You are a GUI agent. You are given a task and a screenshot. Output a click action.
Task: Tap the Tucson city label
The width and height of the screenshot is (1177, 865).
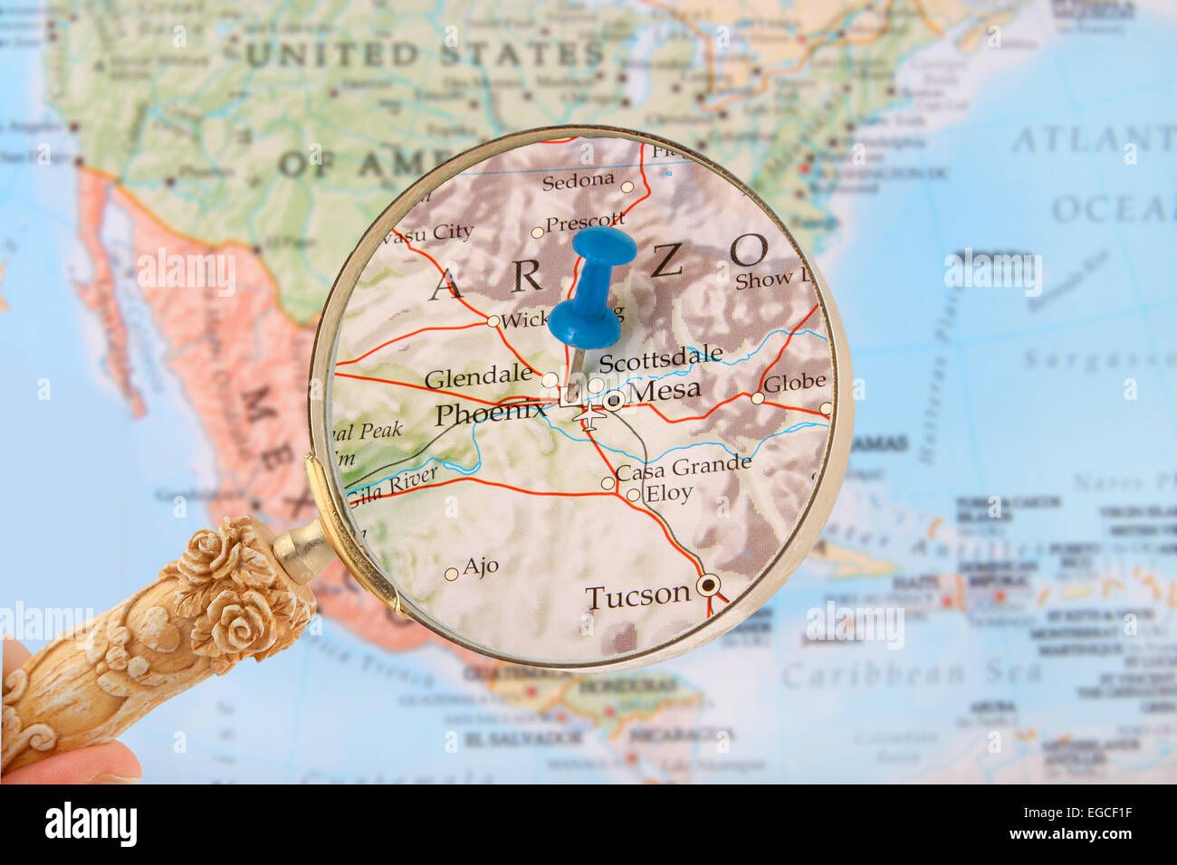pos(637,596)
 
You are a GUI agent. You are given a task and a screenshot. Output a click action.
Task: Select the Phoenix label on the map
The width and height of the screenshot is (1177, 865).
pos(490,413)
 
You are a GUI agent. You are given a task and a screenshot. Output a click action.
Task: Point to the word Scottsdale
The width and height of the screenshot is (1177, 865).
pos(661,358)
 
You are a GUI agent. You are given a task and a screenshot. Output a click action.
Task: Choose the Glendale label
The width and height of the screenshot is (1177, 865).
pos(478,376)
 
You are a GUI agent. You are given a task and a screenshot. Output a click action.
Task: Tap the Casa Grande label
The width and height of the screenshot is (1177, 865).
pos(684,468)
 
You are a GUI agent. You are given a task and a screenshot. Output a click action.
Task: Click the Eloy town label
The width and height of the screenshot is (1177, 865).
pos(668,494)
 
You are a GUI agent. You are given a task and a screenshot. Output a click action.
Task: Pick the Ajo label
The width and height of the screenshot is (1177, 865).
pos(481,566)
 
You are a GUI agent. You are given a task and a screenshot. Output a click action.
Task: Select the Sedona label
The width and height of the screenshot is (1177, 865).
pos(578,181)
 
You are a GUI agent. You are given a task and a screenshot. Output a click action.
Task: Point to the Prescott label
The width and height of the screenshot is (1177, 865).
pos(585,221)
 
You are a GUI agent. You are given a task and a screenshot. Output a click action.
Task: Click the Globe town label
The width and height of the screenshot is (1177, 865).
pos(794,383)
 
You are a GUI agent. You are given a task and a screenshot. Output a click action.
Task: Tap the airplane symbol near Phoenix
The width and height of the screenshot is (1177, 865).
pos(591,417)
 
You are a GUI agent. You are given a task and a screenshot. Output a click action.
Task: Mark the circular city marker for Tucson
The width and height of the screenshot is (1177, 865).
pos(709,585)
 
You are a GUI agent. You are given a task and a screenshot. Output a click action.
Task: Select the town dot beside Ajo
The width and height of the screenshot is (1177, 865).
pos(451,574)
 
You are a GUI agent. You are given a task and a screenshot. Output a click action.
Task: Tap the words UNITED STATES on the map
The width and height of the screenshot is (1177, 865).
pos(425,54)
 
